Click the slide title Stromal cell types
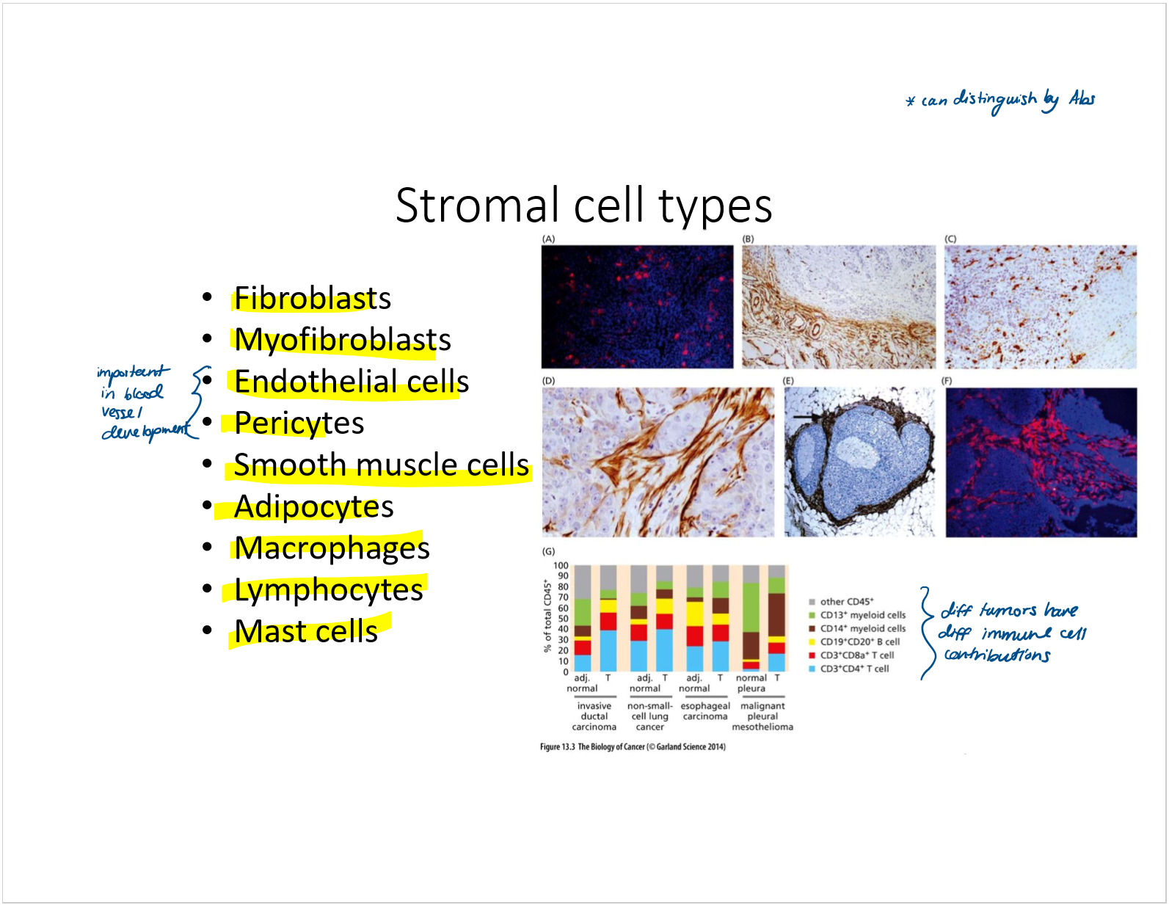pos(583,206)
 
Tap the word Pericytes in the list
pos(299,423)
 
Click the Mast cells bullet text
pos(305,630)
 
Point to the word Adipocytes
pos(313,507)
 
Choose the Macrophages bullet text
pos(332,548)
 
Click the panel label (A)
pos(548,239)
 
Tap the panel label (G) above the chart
pos(548,551)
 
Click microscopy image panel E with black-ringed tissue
pos(859,462)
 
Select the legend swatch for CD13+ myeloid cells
pos(812,615)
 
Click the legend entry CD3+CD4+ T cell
pos(854,669)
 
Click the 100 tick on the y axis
pos(561,565)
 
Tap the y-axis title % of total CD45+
pos(547,616)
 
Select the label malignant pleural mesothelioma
pos(762,716)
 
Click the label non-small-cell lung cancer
pos(650,716)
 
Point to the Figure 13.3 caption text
pos(633,746)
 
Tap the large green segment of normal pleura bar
pos(751,608)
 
